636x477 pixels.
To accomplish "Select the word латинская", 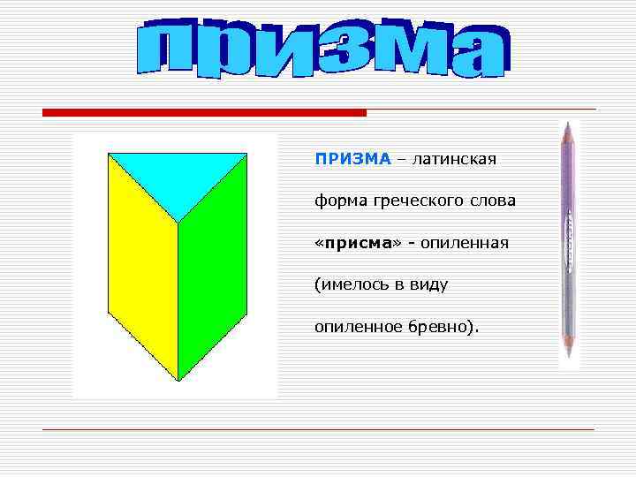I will [x=454, y=160].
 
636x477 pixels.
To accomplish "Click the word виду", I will [x=428, y=285].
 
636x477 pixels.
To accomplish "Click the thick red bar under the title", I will [x=204, y=113].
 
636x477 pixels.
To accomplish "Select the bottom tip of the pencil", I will [x=567, y=362].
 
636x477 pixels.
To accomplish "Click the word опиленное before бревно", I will [x=357, y=328].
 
